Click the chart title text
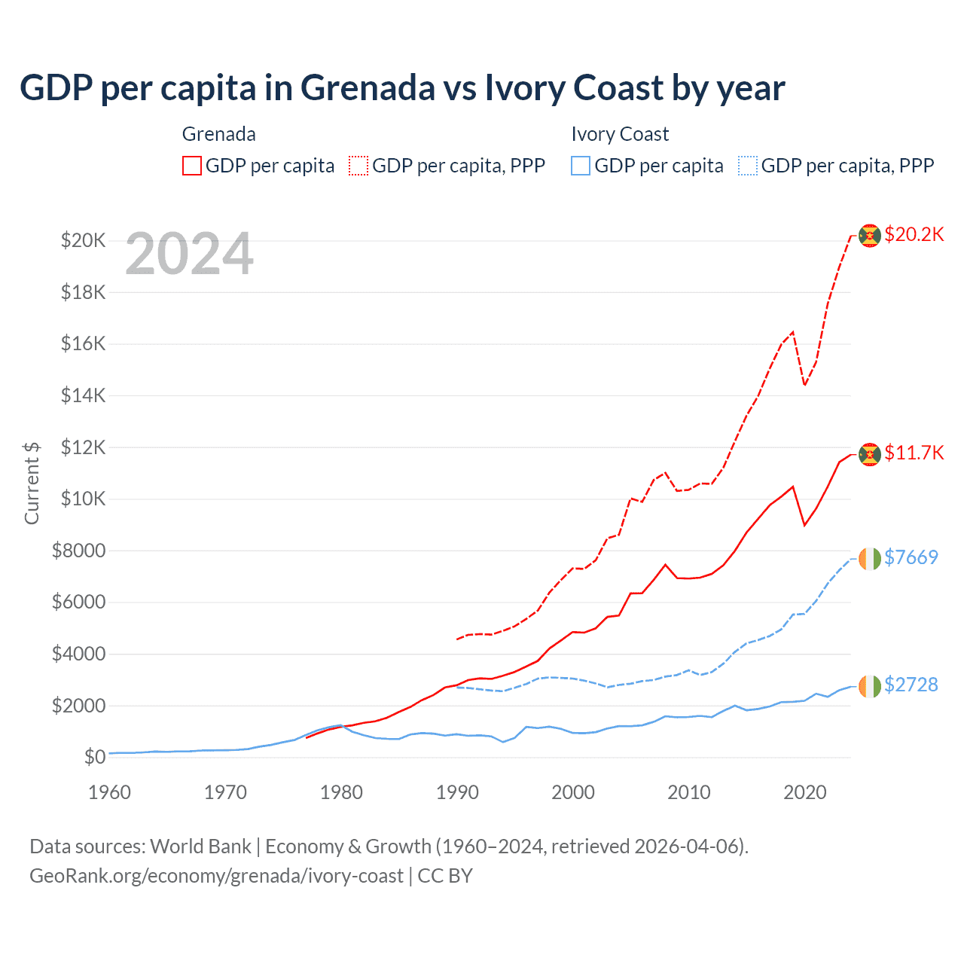[x=402, y=87]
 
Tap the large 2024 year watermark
[x=189, y=255]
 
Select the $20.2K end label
[x=914, y=234]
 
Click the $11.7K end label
[x=914, y=453]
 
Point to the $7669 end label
[x=911, y=557]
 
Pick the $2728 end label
[x=911, y=685]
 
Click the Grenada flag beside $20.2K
[x=870, y=236]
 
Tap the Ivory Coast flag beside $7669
[x=870, y=559]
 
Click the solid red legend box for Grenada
[x=192, y=166]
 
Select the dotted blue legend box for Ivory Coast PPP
[x=748, y=166]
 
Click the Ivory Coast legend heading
[x=620, y=134]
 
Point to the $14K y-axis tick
[x=84, y=395]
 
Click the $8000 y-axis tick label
[x=78, y=551]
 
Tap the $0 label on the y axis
[x=95, y=757]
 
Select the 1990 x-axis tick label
[x=457, y=792]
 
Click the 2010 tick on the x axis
[x=689, y=792]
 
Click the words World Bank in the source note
[x=200, y=847]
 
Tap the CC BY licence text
[x=445, y=876]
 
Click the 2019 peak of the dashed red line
[x=793, y=331]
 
